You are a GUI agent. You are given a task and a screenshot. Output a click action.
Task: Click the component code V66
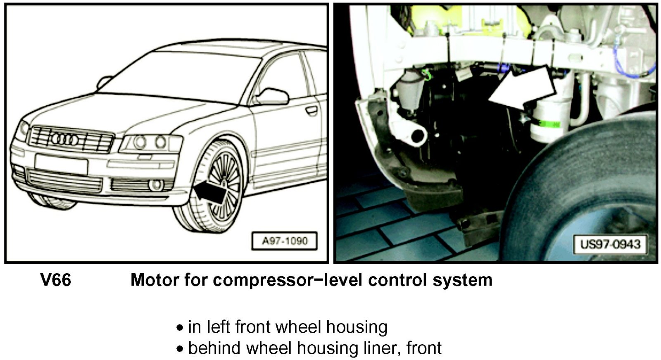tap(56, 280)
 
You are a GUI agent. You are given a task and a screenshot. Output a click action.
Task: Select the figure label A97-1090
tap(285, 241)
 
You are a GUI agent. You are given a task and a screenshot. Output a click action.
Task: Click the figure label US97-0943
tap(610, 244)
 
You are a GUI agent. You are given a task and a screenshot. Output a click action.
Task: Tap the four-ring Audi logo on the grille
tap(64, 139)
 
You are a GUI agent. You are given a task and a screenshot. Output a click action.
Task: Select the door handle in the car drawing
tap(311, 111)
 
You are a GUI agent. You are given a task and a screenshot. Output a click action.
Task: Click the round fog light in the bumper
tap(155, 185)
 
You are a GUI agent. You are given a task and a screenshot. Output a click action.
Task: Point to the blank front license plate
tap(61, 164)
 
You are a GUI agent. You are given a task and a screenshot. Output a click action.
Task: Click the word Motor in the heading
tap(155, 280)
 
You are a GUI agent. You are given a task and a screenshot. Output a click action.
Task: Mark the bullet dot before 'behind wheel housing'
tap(179, 349)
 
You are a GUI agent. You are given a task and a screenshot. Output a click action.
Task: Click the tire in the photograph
tap(578, 189)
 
